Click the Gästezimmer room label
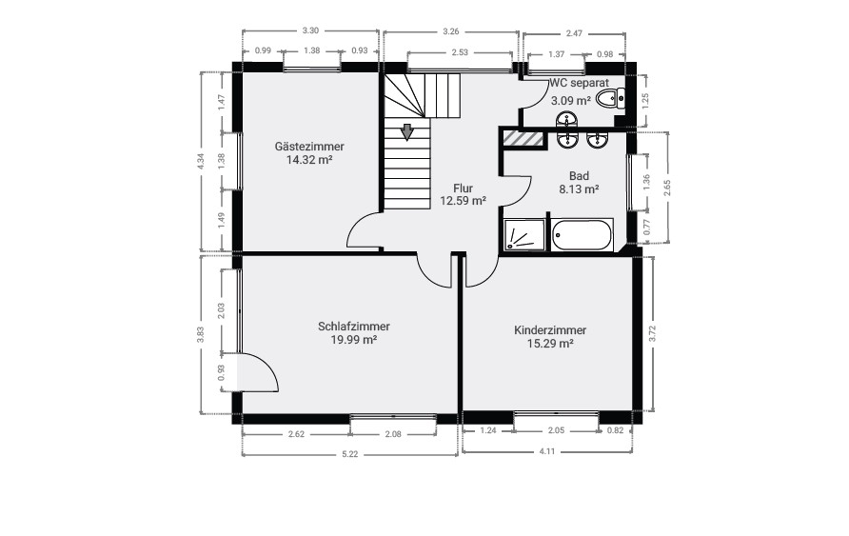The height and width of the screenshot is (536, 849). [x=309, y=147]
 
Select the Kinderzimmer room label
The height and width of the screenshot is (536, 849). [x=550, y=330]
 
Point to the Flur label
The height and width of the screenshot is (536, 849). [x=463, y=189]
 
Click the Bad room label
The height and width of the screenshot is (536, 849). [x=579, y=176]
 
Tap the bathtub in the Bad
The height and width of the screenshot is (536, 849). [x=582, y=234]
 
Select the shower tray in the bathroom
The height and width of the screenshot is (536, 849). [x=523, y=235]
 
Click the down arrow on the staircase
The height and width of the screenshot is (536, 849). [x=407, y=131]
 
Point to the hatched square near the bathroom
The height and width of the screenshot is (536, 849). [x=523, y=138]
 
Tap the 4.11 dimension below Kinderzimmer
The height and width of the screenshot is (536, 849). [x=546, y=451]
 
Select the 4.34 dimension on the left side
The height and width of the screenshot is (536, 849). [x=201, y=162]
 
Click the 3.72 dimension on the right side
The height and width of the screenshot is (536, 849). [x=652, y=333]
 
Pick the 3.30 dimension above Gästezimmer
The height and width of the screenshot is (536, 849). [x=310, y=31]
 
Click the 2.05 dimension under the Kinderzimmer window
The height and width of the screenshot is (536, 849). [x=557, y=431]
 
